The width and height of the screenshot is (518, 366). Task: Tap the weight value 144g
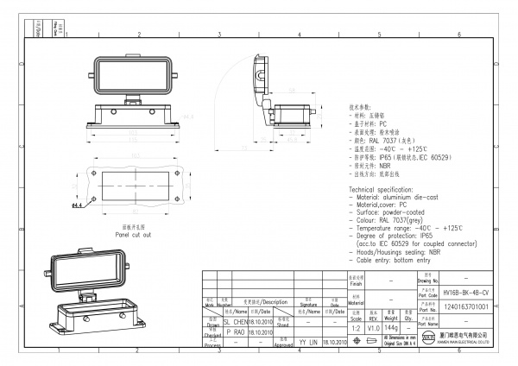pyautogui.click(x=390, y=329)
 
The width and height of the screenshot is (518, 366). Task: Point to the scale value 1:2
pyautogui.click(x=354, y=329)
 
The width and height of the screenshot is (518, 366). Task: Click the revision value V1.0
pyautogui.click(x=373, y=329)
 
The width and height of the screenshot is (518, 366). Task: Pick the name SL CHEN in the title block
pyautogui.click(x=236, y=320)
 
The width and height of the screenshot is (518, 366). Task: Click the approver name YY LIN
pyautogui.click(x=308, y=343)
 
